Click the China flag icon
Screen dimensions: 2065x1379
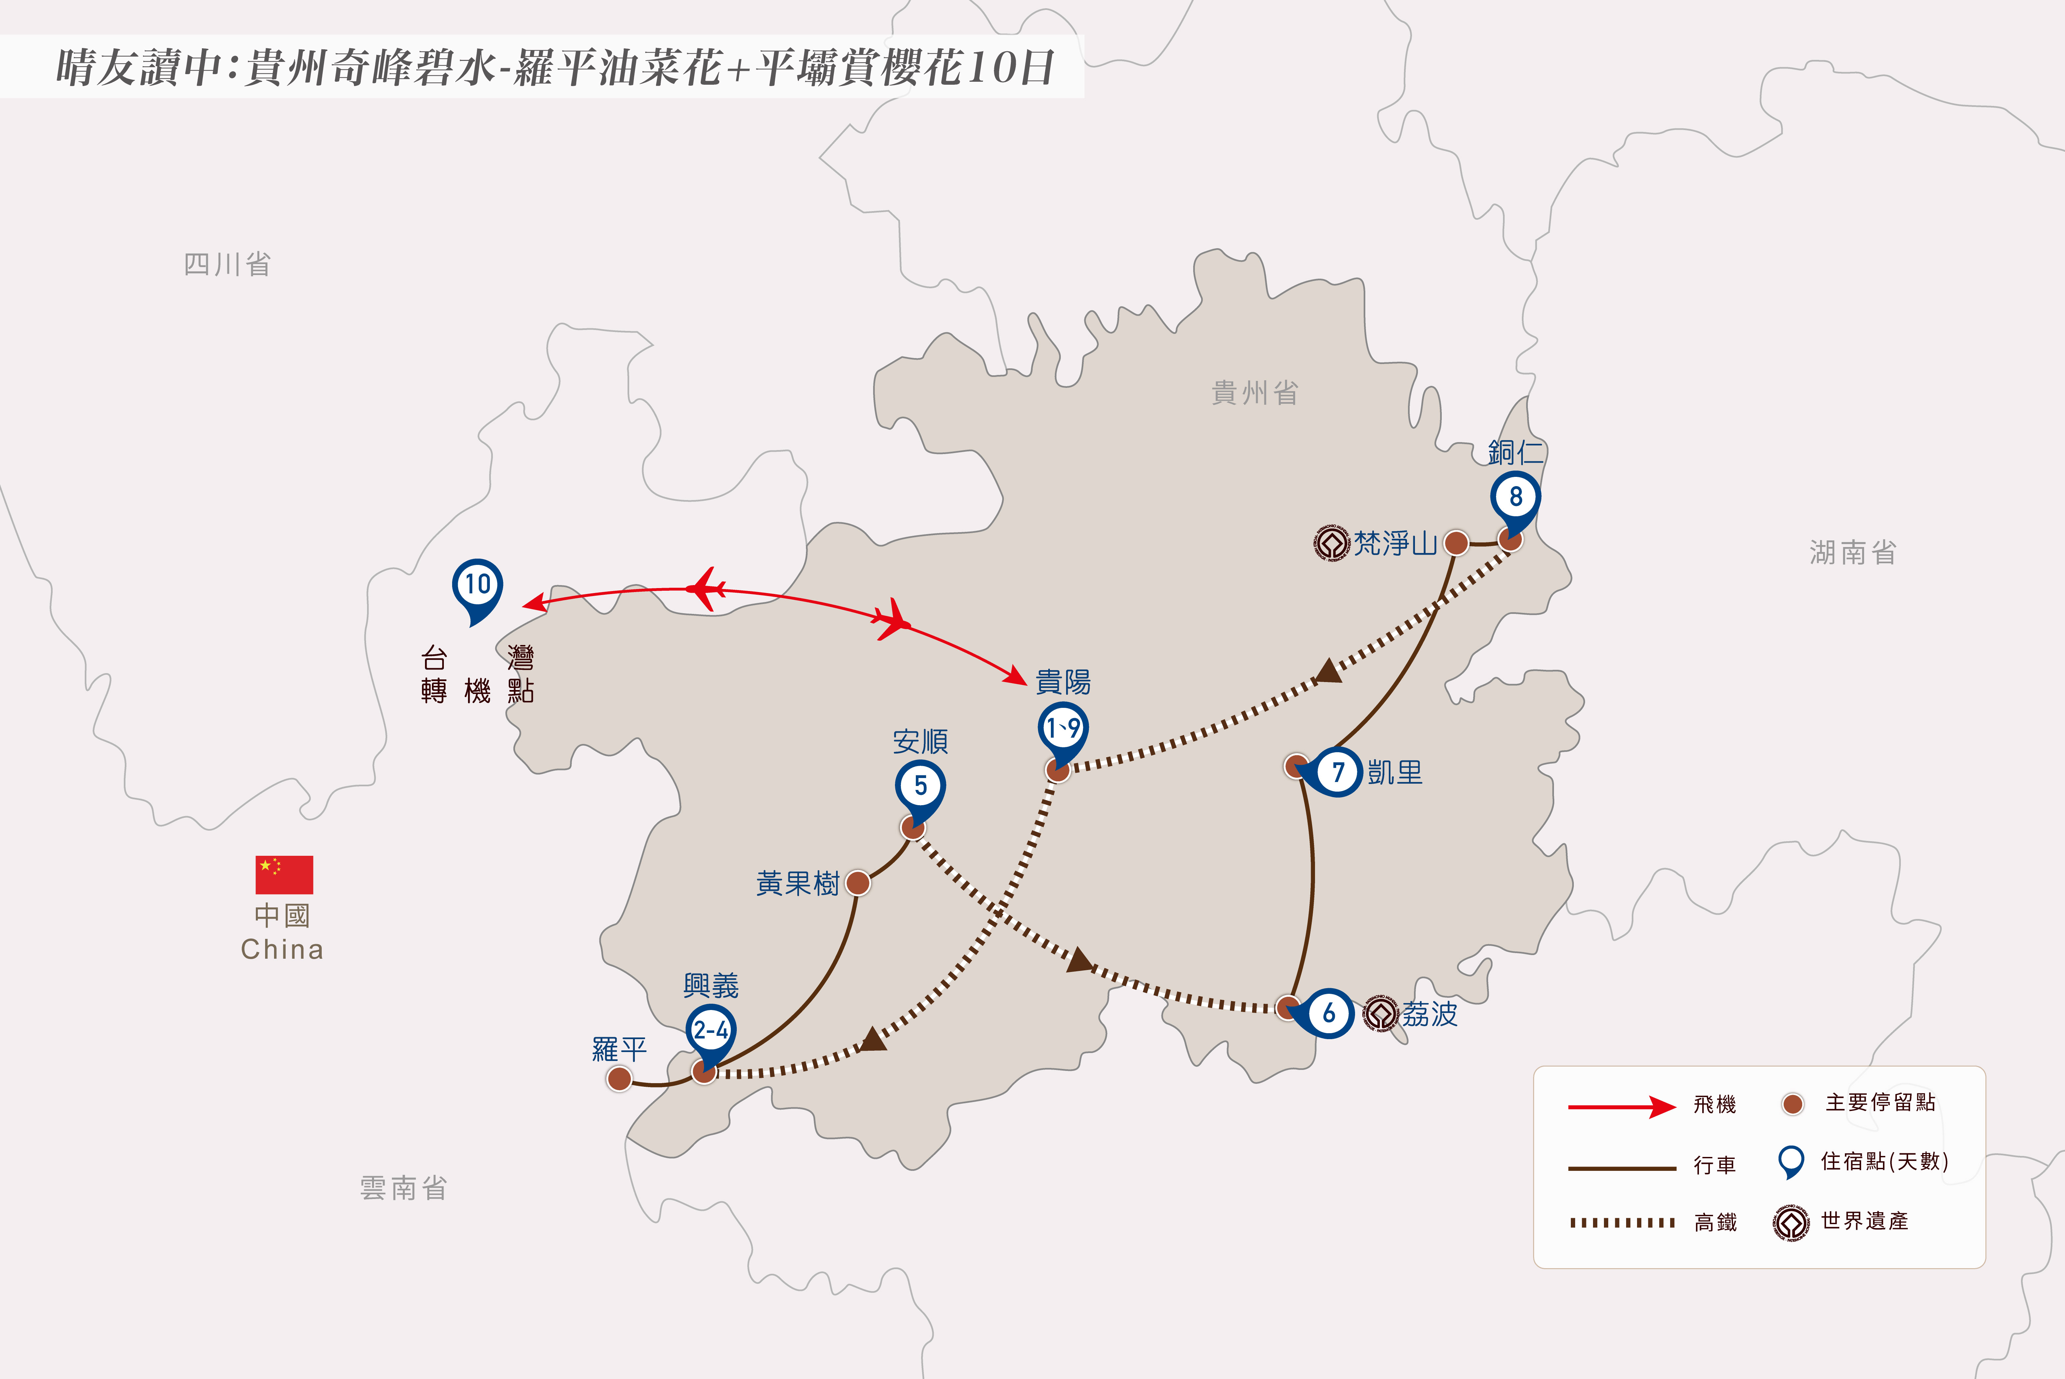[x=284, y=874]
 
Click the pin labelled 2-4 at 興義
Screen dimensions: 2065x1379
[x=711, y=1036]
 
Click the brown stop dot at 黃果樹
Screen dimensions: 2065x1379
[x=858, y=883]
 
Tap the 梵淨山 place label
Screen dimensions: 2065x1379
[x=1395, y=543]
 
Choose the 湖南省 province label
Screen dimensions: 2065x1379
[x=1853, y=552]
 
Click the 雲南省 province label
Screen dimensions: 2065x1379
[x=404, y=1188]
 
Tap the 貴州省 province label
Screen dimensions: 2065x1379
[x=1255, y=393]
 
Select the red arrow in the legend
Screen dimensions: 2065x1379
[x=1622, y=1106]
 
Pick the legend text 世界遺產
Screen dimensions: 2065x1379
[x=1864, y=1221]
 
